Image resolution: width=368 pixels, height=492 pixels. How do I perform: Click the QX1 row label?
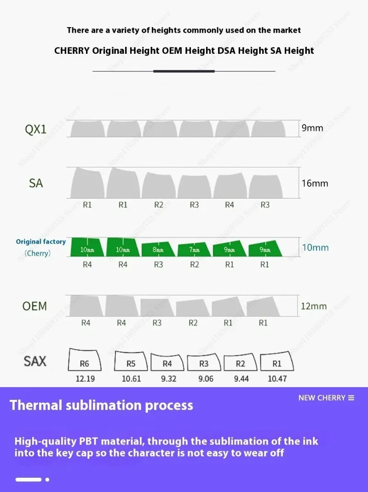[x=35, y=129]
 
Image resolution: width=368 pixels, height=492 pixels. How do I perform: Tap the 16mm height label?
[x=315, y=183]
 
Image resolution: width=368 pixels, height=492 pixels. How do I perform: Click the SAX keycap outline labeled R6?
[x=85, y=360]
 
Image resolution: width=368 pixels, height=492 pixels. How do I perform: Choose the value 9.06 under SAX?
[x=206, y=379]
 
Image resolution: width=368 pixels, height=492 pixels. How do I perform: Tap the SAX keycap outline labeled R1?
[x=276, y=362]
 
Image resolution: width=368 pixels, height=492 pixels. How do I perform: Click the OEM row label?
[x=34, y=306]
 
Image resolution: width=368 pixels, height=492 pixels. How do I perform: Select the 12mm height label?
[x=314, y=306]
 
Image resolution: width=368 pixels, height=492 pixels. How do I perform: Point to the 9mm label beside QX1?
[x=312, y=128]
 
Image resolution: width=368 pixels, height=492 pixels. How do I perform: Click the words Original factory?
[x=41, y=241]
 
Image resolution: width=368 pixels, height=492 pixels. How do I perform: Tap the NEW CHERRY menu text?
[x=322, y=398]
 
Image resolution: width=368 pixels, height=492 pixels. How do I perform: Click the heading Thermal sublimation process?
[x=101, y=405]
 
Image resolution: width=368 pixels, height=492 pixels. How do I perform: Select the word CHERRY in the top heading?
[x=72, y=51]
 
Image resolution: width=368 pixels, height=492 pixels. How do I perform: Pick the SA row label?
[x=35, y=183]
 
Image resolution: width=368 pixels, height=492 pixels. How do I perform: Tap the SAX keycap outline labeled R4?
[x=167, y=363]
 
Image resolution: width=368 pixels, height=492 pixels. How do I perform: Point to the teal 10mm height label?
[x=315, y=247]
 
